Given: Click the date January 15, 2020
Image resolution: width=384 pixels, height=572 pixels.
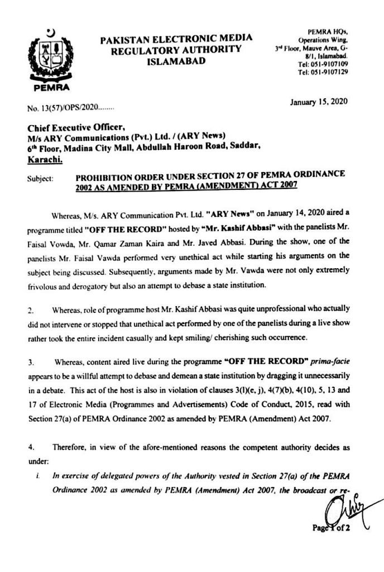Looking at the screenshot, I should pos(319,102).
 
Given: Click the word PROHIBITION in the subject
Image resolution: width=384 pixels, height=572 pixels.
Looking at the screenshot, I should pos(109,175).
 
